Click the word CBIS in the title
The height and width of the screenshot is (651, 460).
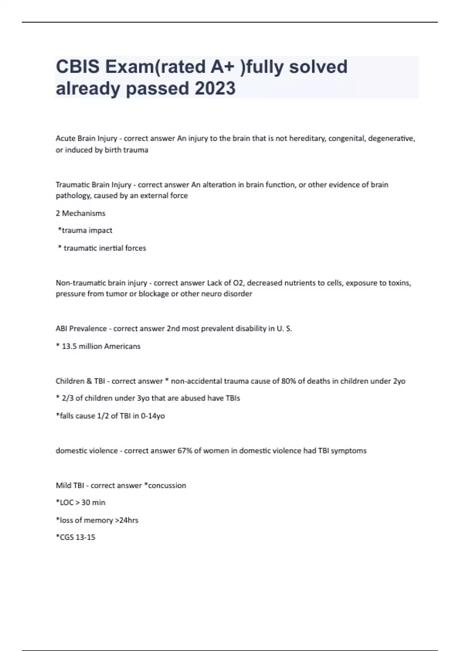[x=78, y=67]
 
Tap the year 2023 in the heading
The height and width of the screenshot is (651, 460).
[x=215, y=88]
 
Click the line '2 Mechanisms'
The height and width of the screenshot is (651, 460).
[x=80, y=213]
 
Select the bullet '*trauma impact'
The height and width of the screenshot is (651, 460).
[x=85, y=231]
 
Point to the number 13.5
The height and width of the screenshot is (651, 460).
[x=69, y=346]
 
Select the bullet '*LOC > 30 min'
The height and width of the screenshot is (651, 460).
[x=80, y=502]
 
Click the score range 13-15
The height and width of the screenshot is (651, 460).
[x=85, y=537]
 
